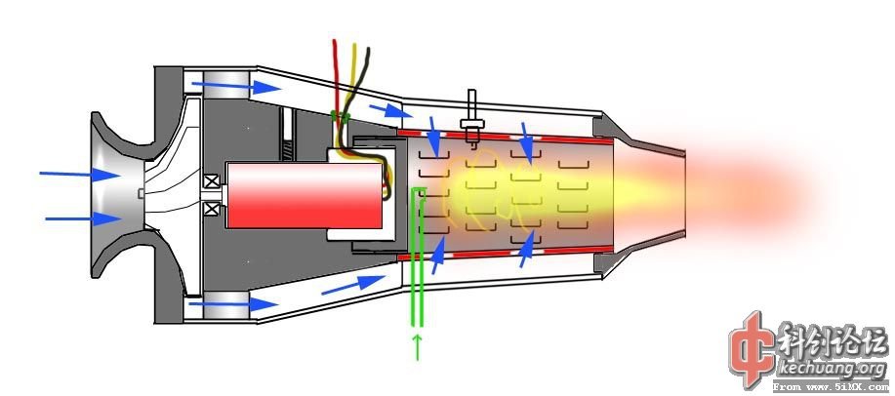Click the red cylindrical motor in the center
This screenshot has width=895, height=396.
(304, 196)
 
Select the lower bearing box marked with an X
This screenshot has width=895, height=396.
(211, 208)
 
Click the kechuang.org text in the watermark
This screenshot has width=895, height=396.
(829, 369)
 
